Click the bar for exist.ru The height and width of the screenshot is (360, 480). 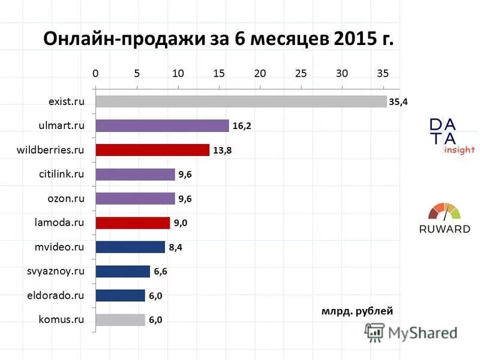(240, 101)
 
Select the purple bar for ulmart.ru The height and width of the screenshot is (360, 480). (162, 126)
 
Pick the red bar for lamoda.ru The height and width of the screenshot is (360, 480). (133, 223)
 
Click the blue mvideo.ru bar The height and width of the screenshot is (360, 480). (130, 247)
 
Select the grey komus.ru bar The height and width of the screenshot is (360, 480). (120, 320)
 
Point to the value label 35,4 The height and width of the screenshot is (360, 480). (398, 102)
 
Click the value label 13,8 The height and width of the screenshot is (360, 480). (221, 151)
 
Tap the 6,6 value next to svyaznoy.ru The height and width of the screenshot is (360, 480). (160, 272)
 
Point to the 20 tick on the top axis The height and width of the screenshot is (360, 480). (260, 73)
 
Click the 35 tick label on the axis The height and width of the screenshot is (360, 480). (383, 73)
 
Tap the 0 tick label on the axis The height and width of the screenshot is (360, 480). (95, 73)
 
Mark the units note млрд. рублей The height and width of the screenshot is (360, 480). (357, 311)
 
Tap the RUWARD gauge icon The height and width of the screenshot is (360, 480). (444, 212)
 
